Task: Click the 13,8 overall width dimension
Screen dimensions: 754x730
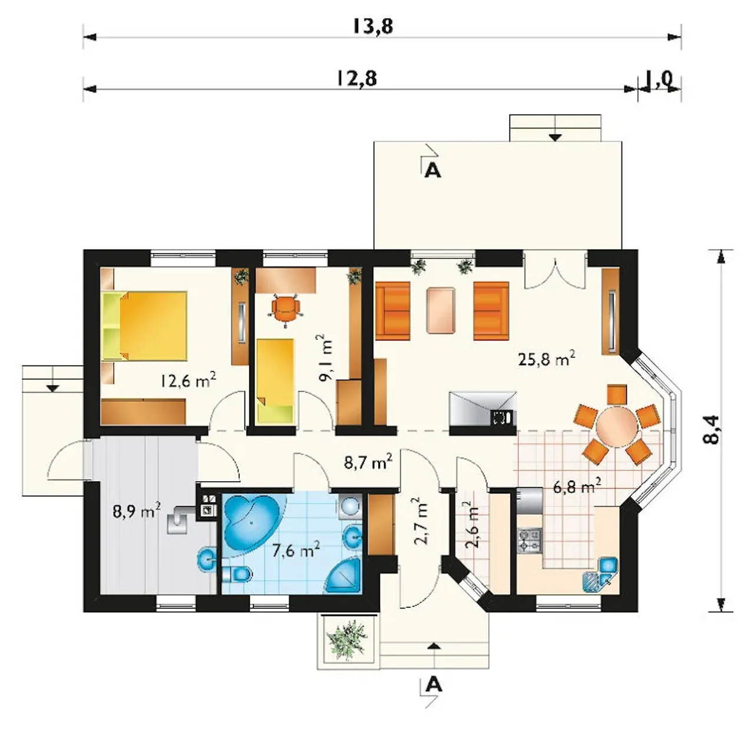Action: (x=373, y=27)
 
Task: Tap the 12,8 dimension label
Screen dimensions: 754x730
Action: (x=356, y=79)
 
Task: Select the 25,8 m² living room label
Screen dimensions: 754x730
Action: (x=546, y=359)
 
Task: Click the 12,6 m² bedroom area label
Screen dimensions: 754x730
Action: (x=188, y=381)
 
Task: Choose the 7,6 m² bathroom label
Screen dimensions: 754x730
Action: (x=296, y=550)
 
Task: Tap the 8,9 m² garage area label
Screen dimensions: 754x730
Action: (x=137, y=511)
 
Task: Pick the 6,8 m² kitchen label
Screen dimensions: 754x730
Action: (x=577, y=486)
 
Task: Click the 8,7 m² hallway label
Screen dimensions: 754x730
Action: (x=368, y=462)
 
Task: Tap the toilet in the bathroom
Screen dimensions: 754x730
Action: (x=236, y=573)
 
